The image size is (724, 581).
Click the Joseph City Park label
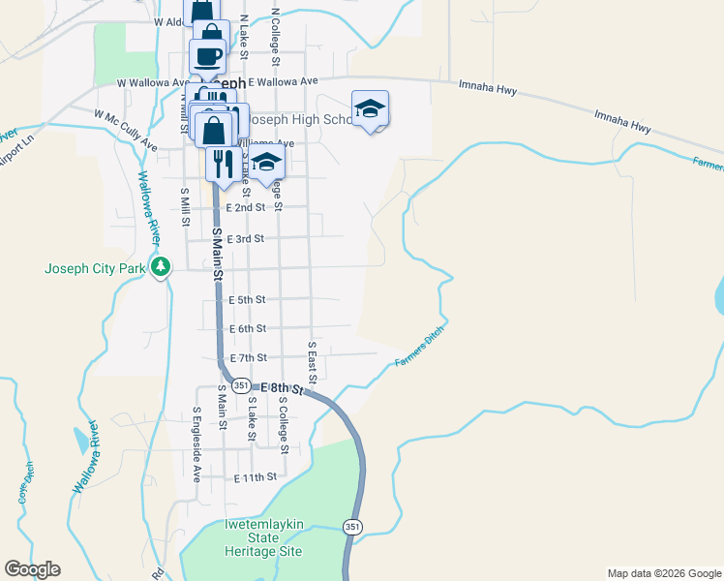(94, 269)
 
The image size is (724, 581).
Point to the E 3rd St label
(245, 238)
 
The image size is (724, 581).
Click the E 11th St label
(256, 477)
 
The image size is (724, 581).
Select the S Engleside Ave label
(195, 444)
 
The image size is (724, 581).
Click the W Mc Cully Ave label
(126, 129)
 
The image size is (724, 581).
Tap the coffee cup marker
(208, 57)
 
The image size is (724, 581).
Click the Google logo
(32, 569)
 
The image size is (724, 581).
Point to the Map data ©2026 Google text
(663, 573)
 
